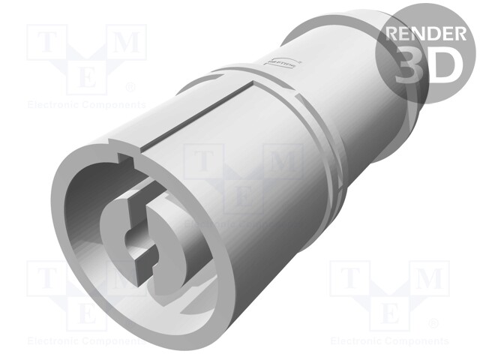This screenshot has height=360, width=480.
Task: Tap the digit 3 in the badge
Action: (408, 64)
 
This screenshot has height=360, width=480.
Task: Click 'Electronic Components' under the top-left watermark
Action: (86, 104)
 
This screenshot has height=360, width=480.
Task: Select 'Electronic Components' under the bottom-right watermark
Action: (389, 340)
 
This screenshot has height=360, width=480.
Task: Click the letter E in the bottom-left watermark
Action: (87, 310)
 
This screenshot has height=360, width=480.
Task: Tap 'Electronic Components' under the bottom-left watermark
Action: (86, 340)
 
